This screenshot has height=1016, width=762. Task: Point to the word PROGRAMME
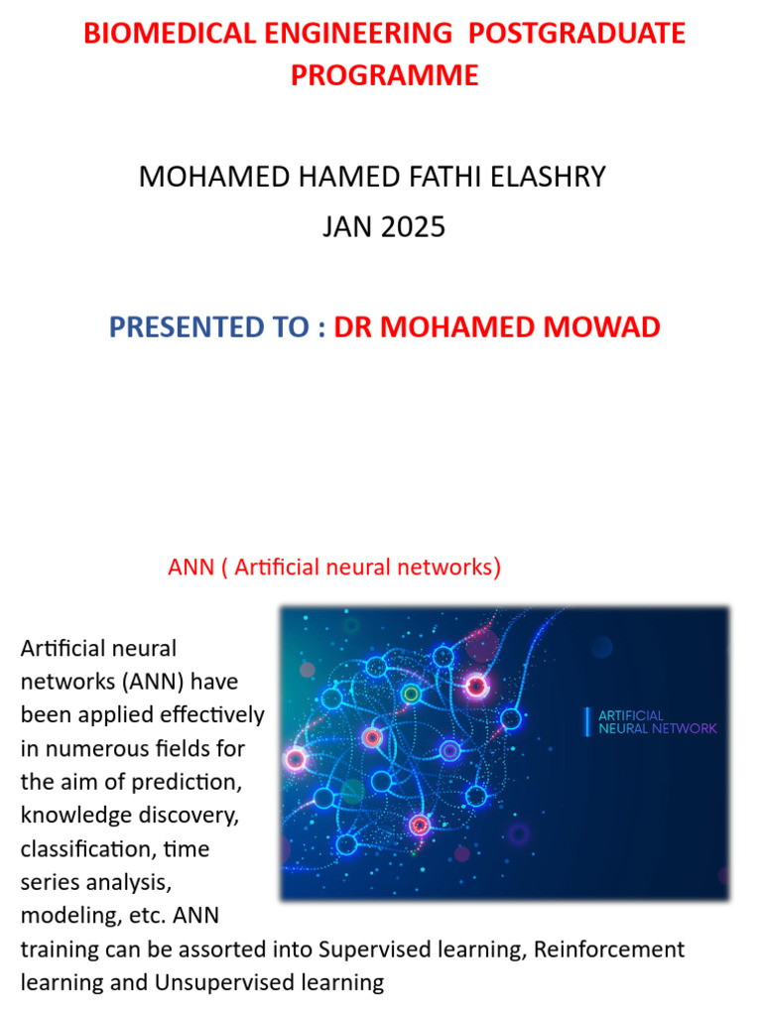coord(385,75)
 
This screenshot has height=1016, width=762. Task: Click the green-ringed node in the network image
coord(411,695)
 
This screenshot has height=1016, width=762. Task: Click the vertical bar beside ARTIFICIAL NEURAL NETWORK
coord(586,721)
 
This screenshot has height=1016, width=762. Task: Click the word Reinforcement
coord(609,950)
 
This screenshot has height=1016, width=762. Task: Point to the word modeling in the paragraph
coord(62,916)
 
